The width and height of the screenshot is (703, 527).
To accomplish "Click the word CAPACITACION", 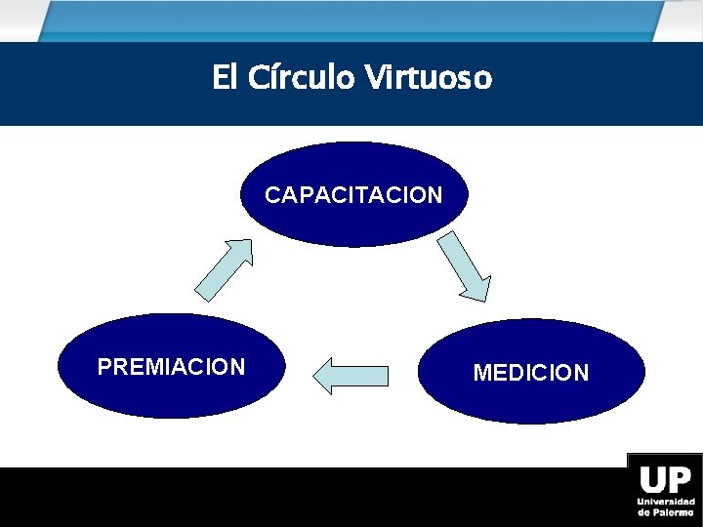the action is pos(353,195).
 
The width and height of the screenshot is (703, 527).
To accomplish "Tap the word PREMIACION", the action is pos(172,367).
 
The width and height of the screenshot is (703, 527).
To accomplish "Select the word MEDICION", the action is pos(531,373).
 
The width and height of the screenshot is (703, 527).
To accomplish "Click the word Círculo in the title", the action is pos(301,77).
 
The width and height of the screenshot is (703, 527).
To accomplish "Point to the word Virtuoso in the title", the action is pos(429,77).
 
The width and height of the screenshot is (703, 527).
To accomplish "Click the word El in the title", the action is pos(224,77).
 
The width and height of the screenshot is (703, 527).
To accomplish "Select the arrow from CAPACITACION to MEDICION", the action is pos(465,264).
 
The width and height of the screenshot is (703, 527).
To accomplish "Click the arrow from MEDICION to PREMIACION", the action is pos(351,376).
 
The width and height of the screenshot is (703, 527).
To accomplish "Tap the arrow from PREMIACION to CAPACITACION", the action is pos(224,269).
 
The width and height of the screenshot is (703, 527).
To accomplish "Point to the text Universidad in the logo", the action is pos(665,502).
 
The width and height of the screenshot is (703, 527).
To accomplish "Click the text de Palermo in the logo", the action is pos(665,512).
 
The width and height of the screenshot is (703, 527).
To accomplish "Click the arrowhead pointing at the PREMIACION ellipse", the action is pos(325,376).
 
